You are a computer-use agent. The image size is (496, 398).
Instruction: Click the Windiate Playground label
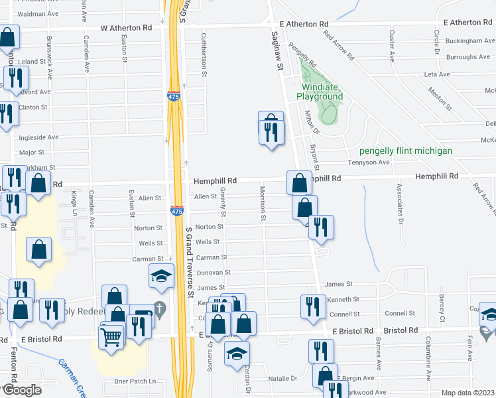(323, 92)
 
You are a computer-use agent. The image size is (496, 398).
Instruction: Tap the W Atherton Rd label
(126, 28)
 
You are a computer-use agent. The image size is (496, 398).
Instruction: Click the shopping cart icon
(111, 336)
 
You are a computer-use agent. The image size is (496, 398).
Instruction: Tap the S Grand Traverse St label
(190, 262)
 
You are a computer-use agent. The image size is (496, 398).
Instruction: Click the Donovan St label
(214, 272)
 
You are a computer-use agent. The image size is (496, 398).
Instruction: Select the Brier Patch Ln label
(134, 381)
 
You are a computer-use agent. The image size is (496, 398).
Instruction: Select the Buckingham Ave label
(471, 40)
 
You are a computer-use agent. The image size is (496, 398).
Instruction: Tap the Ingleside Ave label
(39, 137)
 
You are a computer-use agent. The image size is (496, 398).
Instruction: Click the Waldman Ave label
(38, 13)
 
